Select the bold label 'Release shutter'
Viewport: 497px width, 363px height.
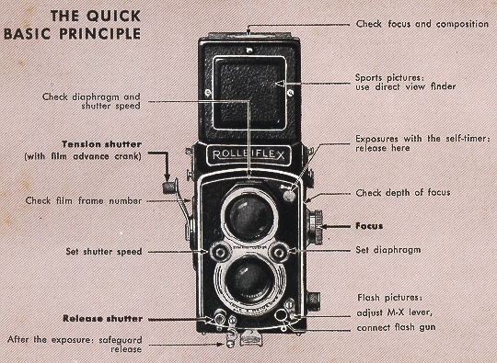click(x=102, y=319)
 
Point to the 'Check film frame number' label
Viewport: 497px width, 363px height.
click(x=82, y=199)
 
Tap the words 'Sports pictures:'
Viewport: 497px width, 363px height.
click(x=387, y=78)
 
